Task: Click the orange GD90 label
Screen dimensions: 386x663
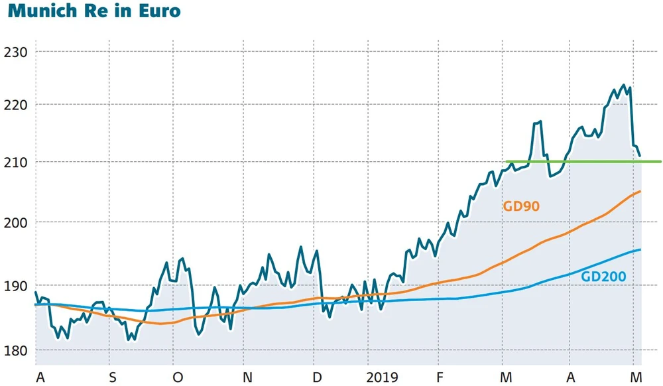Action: (x=521, y=206)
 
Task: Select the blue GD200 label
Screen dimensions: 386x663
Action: (x=603, y=277)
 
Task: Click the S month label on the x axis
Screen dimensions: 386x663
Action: (x=112, y=377)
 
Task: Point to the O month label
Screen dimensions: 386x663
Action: (x=177, y=377)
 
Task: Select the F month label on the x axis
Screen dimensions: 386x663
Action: (x=439, y=377)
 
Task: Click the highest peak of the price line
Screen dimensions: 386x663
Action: (x=623, y=85)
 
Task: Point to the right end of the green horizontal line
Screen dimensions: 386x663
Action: (x=661, y=161)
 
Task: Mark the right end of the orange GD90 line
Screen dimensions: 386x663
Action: (x=640, y=192)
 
